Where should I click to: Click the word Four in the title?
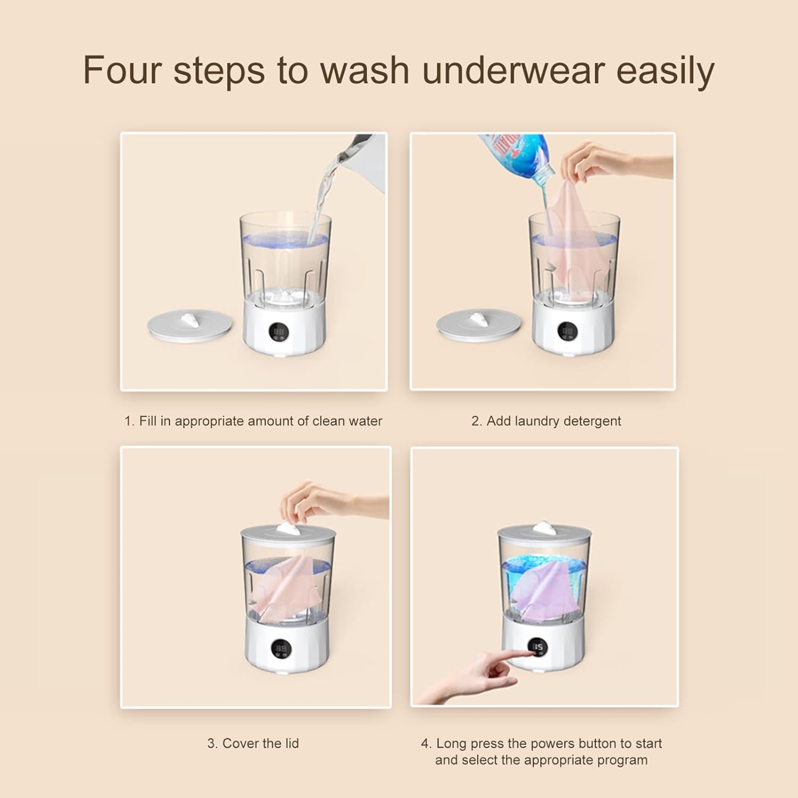[x=122, y=70]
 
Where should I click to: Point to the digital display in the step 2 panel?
[x=568, y=331]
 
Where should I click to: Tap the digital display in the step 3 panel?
[x=281, y=649]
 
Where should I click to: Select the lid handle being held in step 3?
[x=290, y=528]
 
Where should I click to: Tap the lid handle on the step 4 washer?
[x=544, y=528]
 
